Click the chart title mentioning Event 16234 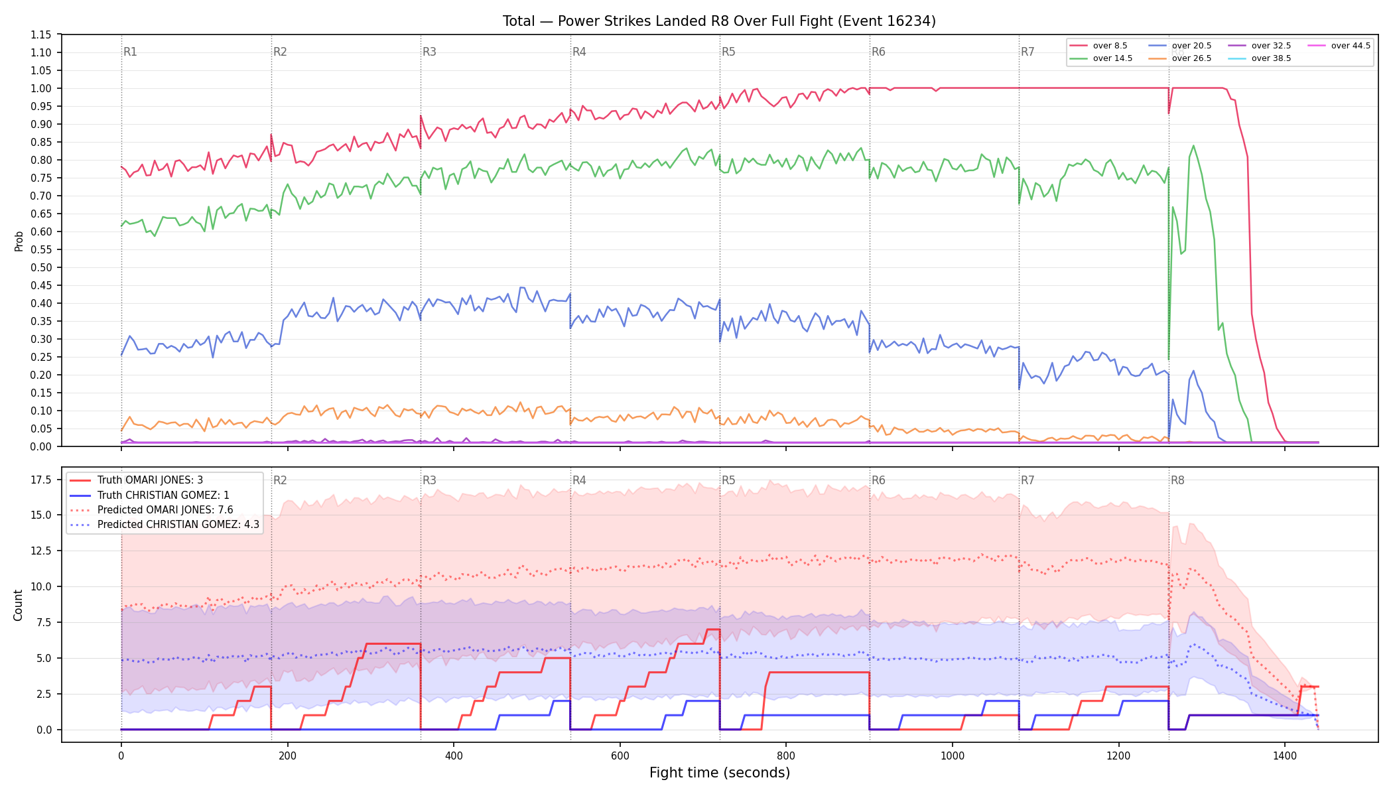719,21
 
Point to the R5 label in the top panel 728,52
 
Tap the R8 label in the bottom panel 1177,480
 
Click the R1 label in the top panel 130,52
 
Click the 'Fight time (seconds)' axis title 720,773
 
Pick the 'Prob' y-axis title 19,241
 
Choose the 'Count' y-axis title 18,605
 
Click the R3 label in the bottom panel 429,480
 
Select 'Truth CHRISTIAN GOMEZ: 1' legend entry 163,495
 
